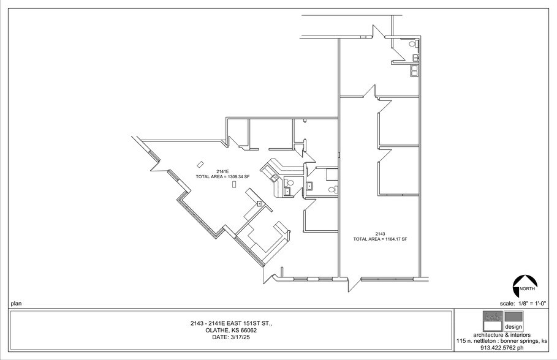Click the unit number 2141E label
pos(222,171)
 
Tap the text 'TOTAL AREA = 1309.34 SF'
pos(219,176)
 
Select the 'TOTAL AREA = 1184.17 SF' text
pos(380,239)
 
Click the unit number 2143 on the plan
pos(380,234)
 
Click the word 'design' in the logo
pos(513,326)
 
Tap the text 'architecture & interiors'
pos(502,335)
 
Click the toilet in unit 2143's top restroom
pos(412,45)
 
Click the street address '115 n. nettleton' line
pos(502,341)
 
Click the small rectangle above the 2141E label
pos(200,163)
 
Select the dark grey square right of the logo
pos(514,317)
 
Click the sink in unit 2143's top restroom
pos(416,58)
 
